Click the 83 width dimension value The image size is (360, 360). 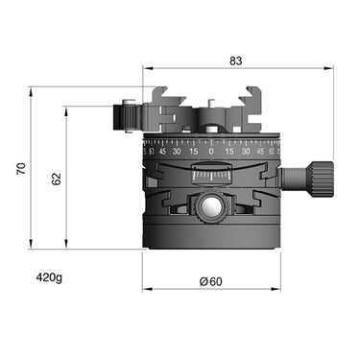point(236,60)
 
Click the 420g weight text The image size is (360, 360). point(49,278)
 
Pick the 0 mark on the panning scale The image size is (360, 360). point(211,151)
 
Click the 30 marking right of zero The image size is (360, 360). point(247,151)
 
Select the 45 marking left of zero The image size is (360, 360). point(163,151)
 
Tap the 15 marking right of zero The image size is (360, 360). point(229,151)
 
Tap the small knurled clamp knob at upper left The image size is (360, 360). point(125,116)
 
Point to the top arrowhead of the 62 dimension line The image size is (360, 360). point(66,108)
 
